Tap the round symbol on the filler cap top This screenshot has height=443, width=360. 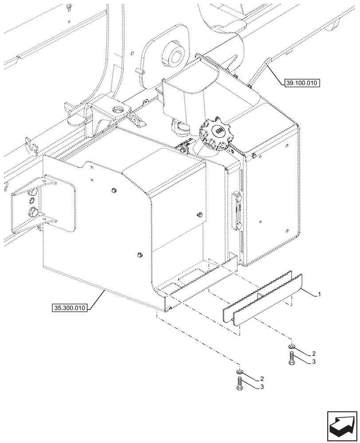pos(219,130)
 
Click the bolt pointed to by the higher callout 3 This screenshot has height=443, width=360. pos(291,358)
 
